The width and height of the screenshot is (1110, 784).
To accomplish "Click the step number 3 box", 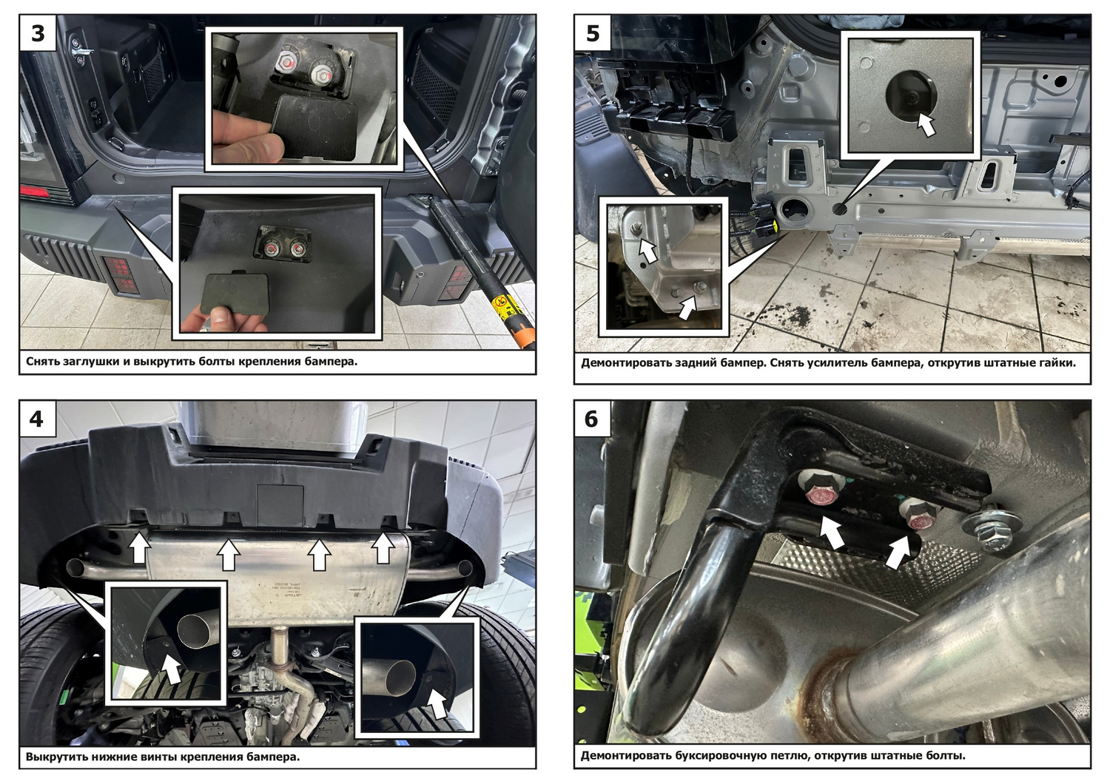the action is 38,33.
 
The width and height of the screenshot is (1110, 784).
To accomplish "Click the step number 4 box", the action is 38,419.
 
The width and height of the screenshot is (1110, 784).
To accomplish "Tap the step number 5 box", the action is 593,33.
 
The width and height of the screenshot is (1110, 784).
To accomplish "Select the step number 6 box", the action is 593,419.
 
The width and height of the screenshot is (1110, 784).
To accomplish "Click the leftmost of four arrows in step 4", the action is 141,547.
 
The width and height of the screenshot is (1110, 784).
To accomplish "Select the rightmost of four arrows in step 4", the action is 383,547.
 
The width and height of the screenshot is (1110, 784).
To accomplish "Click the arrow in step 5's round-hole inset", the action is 924,124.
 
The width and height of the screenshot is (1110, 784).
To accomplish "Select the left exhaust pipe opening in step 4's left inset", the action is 196,631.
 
